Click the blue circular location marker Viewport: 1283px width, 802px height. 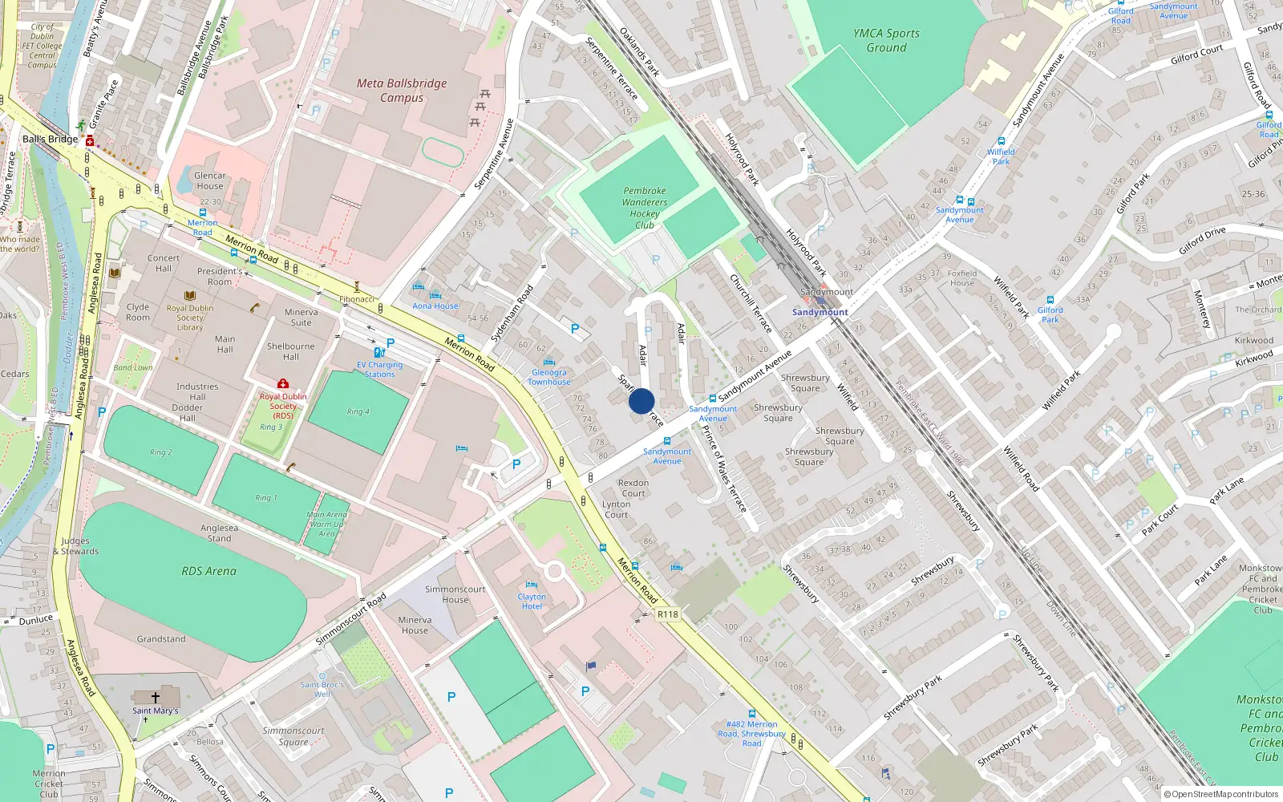(641, 401)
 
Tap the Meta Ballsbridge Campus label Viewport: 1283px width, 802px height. (402, 90)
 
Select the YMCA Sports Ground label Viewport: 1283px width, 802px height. (886, 40)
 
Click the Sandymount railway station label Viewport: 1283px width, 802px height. (820, 312)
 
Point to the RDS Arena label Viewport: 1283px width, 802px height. (208, 571)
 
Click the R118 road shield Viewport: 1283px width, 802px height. (667, 614)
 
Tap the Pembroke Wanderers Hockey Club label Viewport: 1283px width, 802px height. (645, 208)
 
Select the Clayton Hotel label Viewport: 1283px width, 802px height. (532, 601)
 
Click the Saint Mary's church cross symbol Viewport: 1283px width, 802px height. (156, 698)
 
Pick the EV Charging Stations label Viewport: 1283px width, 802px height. (379, 369)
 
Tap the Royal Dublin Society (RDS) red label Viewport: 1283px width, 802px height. (283, 406)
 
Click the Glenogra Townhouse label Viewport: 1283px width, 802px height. (549, 377)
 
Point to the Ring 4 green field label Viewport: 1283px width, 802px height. (358, 411)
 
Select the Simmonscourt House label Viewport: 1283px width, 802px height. (455, 594)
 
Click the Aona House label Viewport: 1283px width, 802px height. (435, 306)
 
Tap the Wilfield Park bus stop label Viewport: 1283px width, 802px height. (1001, 156)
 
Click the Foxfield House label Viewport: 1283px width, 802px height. (962, 277)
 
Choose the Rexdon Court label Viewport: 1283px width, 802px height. (633, 488)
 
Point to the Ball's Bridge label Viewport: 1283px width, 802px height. (50, 139)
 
